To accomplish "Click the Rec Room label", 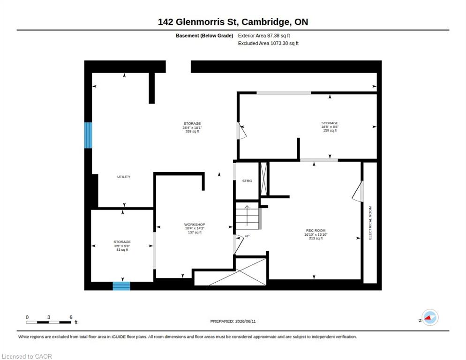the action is point(316,230).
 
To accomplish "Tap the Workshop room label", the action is point(195,225).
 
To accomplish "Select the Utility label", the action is point(124,177).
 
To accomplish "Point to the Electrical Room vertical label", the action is point(370,223).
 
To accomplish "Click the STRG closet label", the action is point(247,181).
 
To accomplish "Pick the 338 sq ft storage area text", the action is point(192,131).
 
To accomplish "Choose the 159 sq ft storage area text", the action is point(330,130).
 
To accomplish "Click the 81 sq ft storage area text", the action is point(122,250).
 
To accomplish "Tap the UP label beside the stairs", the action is point(247,236).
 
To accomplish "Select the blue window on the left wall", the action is point(88,135).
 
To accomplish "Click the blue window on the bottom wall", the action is point(121,286).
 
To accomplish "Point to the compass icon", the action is point(430,317).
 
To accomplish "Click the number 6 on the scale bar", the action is point(71,317).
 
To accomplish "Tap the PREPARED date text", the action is point(233,321).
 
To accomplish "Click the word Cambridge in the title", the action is point(265,22).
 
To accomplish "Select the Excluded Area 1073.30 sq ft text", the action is point(268,44).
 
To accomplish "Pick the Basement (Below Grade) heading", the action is point(204,36).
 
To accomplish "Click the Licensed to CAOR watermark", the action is point(27,356).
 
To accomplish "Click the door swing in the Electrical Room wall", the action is point(358,191).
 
